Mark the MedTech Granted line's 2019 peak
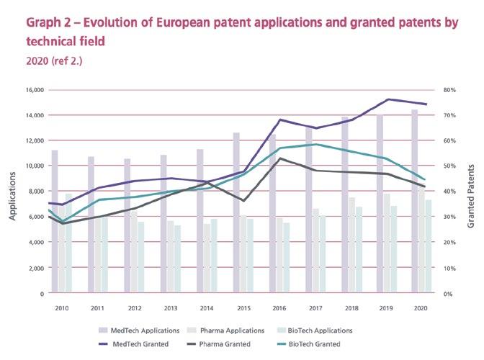pyautogui.click(x=388, y=99)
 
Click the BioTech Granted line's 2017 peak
pyautogui.click(x=315, y=144)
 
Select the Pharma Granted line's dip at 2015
pyautogui.click(x=243, y=201)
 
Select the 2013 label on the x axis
pyautogui.click(x=169, y=307)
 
